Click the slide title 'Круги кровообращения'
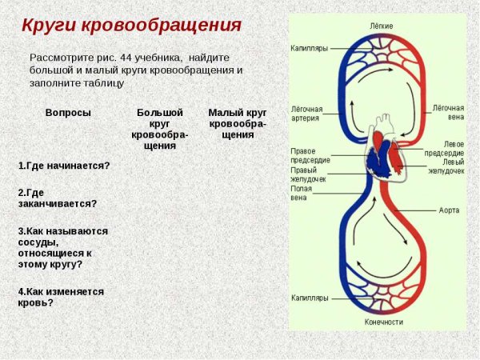[131, 25]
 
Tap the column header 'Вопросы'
[68, 113]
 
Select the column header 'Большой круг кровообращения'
[160, 129]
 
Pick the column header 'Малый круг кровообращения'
[238, 123]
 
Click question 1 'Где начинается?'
[64, 166]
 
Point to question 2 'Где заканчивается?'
[58, 198]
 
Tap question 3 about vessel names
[63, 247]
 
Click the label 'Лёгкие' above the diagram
[381, 26]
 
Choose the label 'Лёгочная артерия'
[306, 113]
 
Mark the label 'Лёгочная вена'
[449, 111]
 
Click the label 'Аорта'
[450, 210]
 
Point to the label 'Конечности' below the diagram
[383, 322]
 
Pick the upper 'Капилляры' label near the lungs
[309, 48]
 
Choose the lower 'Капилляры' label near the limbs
[310, 298]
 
